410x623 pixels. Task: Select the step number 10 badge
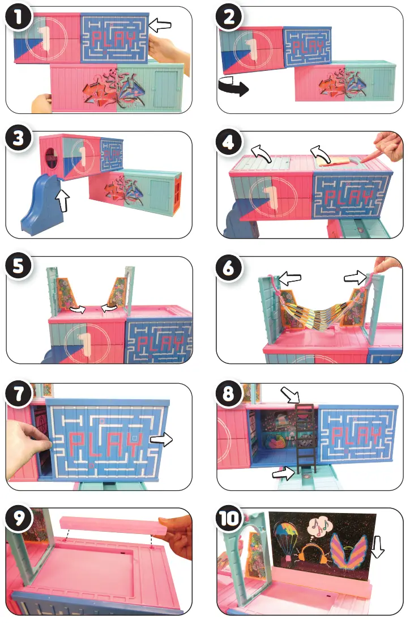[x=232, y=519]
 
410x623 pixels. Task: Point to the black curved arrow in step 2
[x=232, y=88]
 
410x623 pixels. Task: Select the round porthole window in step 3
[x=52, y=158]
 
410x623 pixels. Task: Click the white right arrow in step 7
[x=164, y=438]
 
